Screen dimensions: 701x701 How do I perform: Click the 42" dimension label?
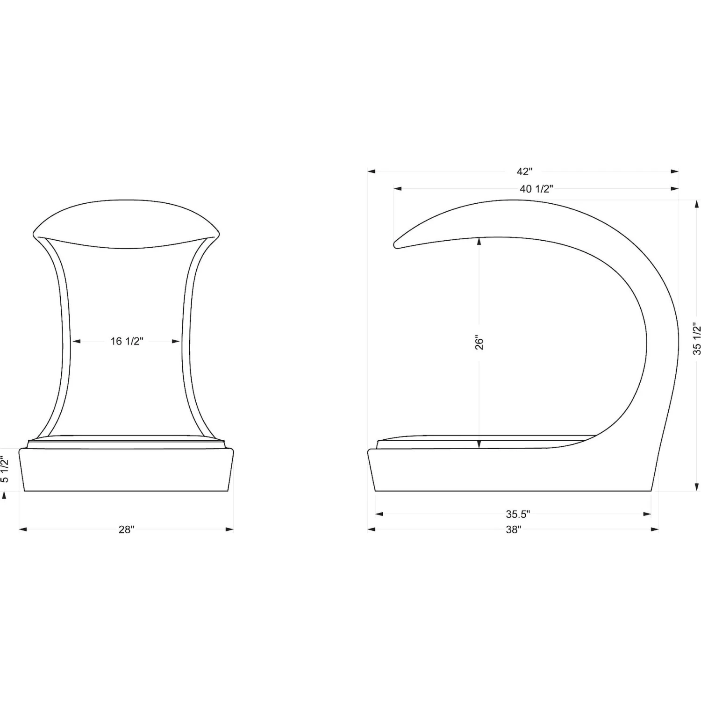[x=524, y=172]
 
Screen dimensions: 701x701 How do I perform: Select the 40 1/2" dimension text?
[x=536, y=189]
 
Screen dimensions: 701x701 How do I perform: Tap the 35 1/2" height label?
[x=697, y=338]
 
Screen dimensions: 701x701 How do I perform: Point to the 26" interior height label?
[x=479, y=342]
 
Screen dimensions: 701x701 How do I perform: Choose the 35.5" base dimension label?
[x=517, y=514]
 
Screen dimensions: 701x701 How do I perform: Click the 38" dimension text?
[x=513, y=529]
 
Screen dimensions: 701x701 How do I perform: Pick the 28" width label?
[x=126, y=529]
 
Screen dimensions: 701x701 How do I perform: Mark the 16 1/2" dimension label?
[x=127, y=341]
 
